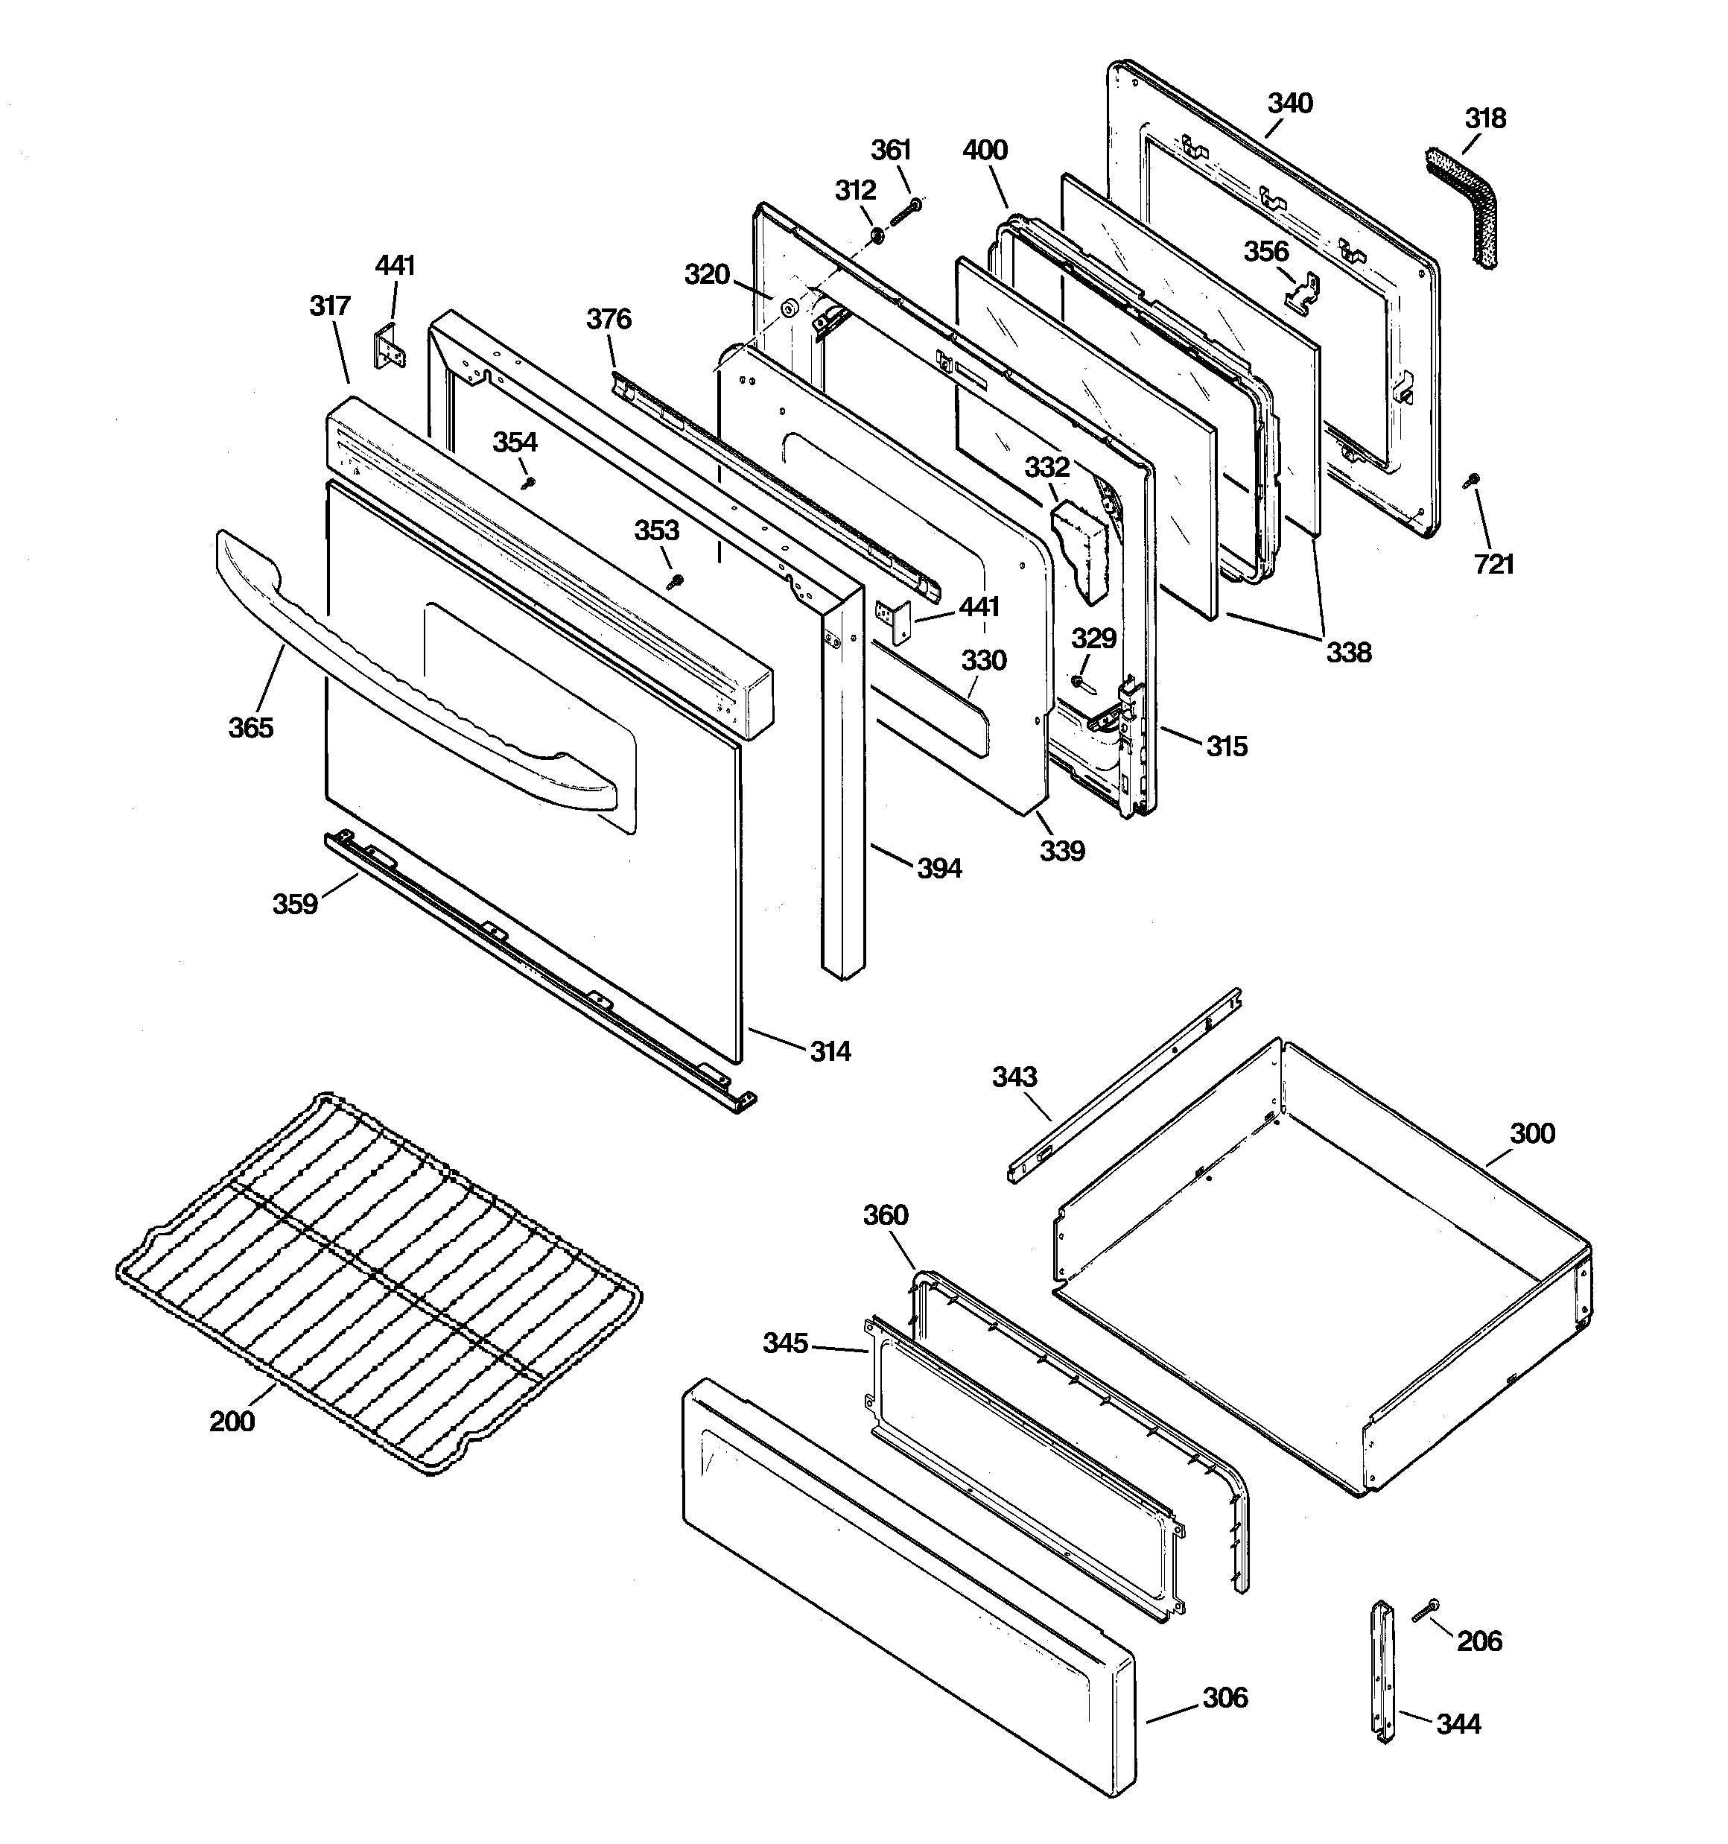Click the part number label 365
250,727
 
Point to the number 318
1485,118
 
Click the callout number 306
1225,1697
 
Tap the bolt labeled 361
905,211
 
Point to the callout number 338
1347,652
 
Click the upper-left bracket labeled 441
390,347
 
